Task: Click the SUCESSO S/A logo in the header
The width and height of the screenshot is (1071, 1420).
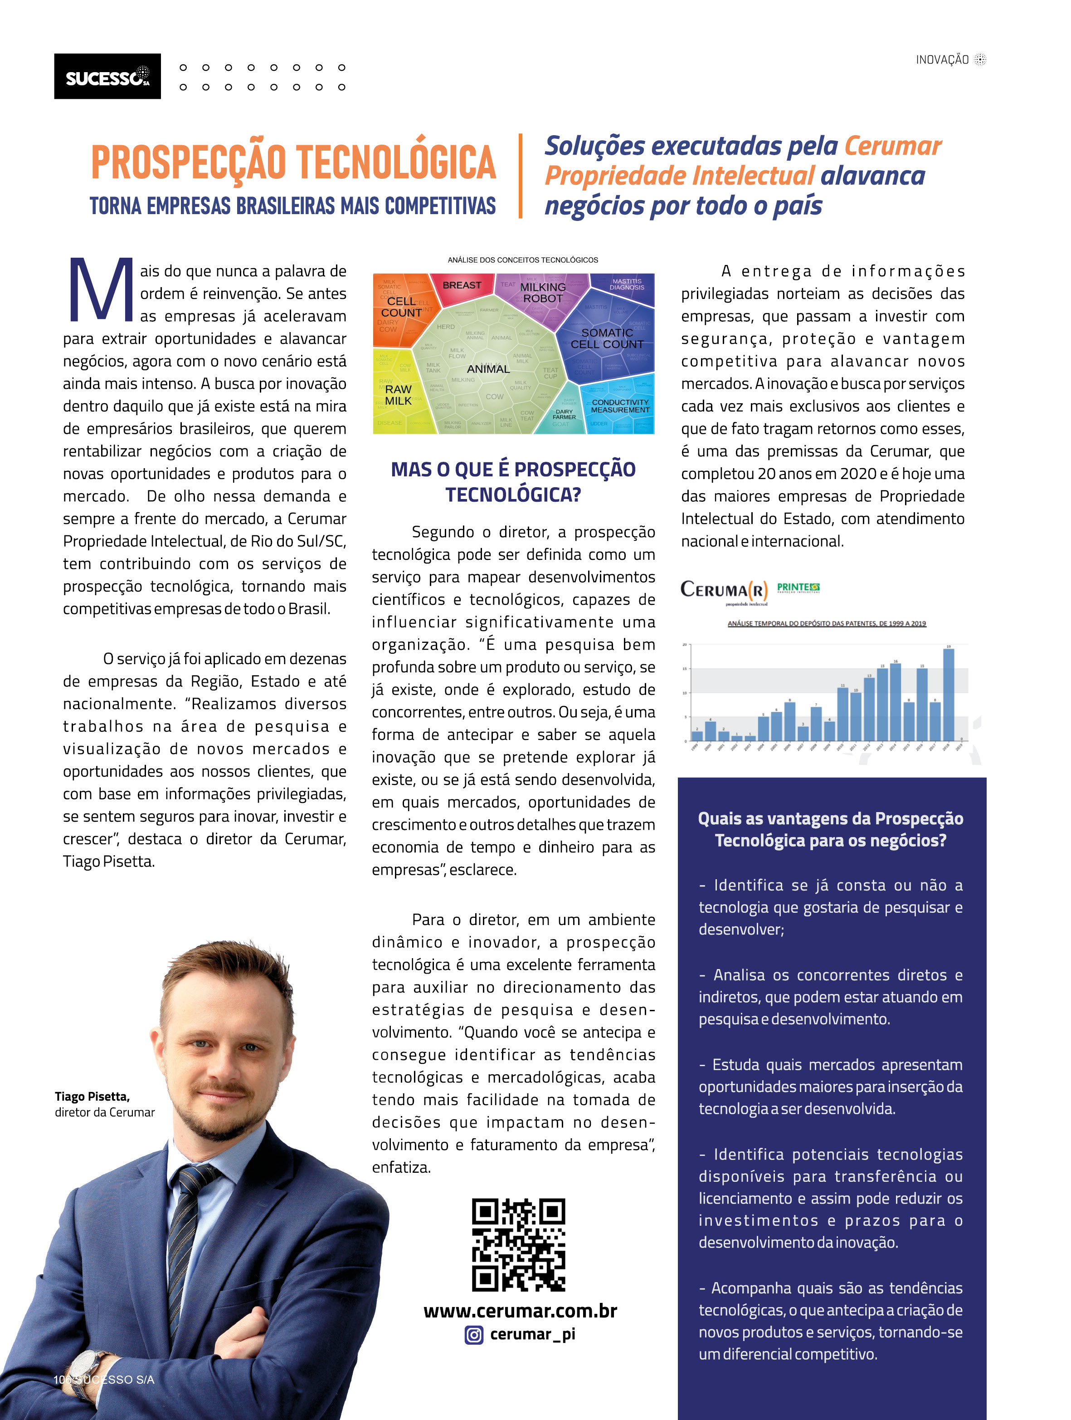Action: point(107,76)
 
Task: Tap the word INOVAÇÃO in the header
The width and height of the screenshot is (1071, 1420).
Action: point(941,60)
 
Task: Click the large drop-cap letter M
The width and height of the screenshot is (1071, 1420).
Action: point(101,290)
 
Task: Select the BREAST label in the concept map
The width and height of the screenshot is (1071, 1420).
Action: point(462,285)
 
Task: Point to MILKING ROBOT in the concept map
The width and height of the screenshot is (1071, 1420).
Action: point(543,293)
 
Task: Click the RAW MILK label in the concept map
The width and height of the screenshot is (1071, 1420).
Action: point(398,395)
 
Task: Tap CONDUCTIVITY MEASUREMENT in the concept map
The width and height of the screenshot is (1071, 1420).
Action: point(620,406)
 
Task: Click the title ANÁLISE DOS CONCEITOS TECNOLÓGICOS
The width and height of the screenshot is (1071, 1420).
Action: point(522,260)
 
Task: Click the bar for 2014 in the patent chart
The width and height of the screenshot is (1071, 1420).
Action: point(895,702)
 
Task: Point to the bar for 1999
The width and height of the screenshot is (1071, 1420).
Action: point(697,736)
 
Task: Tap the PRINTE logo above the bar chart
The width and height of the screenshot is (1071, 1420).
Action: point(798,588)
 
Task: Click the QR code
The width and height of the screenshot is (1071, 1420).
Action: point(518,1245)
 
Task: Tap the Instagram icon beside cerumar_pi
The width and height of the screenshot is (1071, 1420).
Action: point(473,1335)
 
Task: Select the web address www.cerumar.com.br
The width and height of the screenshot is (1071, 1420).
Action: point(520,1311)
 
